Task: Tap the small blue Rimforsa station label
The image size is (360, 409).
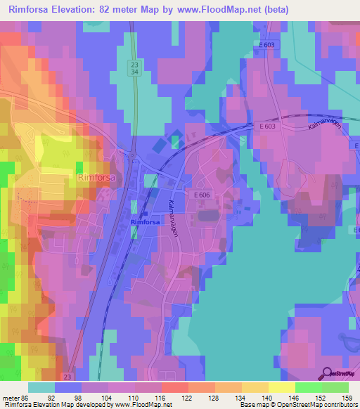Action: coord(146,222)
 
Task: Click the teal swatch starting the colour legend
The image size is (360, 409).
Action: coord(41,387)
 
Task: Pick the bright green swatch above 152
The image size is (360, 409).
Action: coord(308,387)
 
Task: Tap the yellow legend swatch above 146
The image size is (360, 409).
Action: coord(281,387)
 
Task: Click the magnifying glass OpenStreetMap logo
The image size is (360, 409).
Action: coord(326,373)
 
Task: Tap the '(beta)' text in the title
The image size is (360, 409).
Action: coord(274,10)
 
